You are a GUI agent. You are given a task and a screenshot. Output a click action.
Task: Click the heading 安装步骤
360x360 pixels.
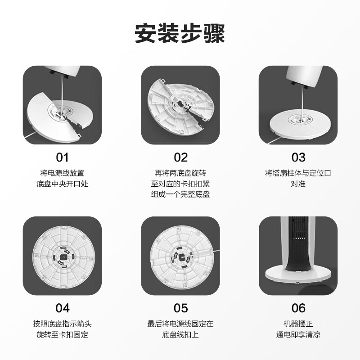180,33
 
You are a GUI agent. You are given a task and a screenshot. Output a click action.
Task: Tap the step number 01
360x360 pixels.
62,157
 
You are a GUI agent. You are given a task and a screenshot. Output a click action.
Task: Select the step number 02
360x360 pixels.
180,157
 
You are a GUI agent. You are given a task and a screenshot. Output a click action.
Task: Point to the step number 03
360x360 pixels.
298,157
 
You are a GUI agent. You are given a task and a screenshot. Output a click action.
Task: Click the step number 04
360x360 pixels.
62,308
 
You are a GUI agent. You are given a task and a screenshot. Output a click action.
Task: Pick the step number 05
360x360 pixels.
180,308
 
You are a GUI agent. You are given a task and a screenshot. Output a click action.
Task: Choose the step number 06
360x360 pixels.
298,308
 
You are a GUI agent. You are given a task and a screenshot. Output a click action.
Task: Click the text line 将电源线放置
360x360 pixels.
62,173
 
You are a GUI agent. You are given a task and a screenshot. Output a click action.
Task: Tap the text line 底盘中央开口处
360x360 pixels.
62,184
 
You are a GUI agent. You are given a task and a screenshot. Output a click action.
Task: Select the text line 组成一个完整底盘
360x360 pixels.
180,194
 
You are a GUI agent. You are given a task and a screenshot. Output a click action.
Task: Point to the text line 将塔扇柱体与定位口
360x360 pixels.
298,173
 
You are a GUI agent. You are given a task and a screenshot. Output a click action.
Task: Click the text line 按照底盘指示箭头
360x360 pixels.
62,324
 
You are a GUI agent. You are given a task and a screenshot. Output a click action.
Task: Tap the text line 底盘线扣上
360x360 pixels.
180,334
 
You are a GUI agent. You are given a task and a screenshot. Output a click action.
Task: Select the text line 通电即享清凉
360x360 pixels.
298,334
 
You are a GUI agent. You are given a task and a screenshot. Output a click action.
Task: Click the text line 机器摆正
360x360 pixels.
298,324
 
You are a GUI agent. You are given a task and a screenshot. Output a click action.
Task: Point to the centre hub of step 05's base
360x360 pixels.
180,256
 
